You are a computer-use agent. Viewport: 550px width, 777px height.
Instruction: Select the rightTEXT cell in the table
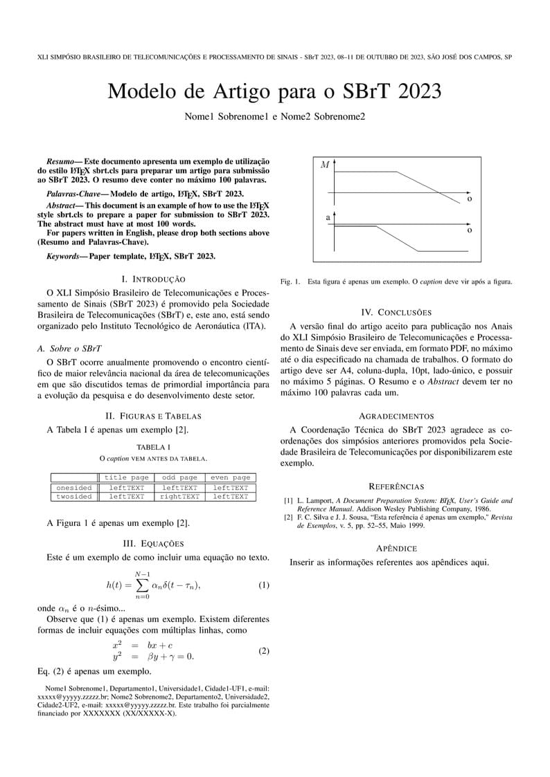(179, 497)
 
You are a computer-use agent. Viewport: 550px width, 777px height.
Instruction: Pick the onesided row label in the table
(74, 488)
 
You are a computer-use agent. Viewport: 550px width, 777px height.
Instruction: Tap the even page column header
(231, 477)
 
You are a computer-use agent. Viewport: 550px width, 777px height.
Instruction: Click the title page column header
(126, 477)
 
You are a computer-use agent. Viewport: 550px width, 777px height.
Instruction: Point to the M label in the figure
(325, 165)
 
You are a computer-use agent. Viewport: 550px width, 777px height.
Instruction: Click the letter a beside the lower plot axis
(328, 218)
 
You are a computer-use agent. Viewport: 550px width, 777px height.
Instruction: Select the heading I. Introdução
(153, 279)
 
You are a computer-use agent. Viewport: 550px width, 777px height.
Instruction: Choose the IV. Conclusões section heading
(396, 313)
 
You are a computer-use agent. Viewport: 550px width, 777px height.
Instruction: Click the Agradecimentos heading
(396, 416)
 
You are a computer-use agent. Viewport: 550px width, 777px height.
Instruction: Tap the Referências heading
(396, 486)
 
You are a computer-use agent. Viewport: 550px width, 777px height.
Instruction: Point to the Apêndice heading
(396, 548)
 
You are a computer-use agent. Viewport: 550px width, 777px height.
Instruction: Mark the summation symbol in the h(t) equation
(143, 585)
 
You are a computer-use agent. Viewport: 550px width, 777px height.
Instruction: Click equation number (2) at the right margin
(264, 651)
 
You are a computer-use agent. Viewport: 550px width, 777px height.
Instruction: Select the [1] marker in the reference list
(288, 500)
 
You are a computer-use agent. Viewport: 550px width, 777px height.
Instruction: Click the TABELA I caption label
(153, 447)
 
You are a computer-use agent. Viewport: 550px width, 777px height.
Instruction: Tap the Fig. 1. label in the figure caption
(290, 282)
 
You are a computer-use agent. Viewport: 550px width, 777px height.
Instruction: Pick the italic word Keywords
(60, 256)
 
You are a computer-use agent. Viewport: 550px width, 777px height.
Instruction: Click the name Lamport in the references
(319, 500)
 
